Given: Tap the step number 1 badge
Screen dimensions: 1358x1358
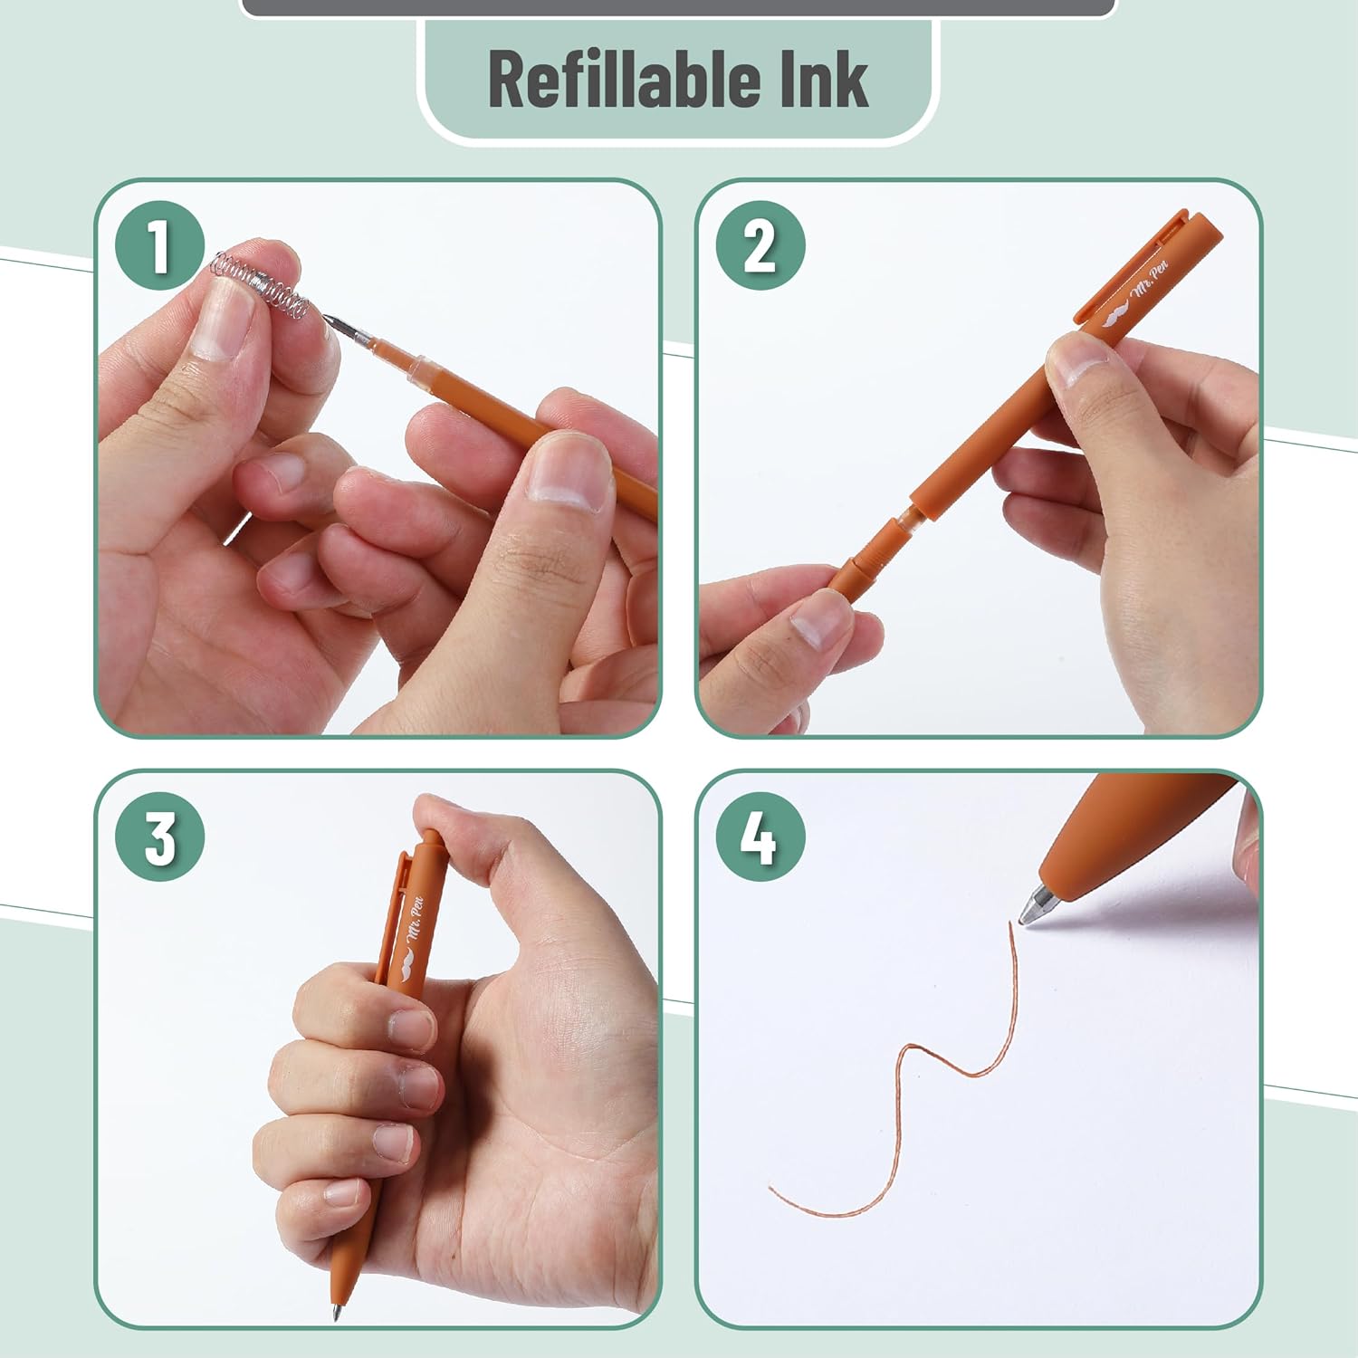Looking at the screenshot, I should (x=159, y=245).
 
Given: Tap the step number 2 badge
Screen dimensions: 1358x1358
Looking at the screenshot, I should (x=760, y=245).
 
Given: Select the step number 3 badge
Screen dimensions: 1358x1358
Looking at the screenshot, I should (x=159, y=837).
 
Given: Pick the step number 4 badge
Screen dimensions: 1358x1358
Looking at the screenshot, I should (x=760, y=837).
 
